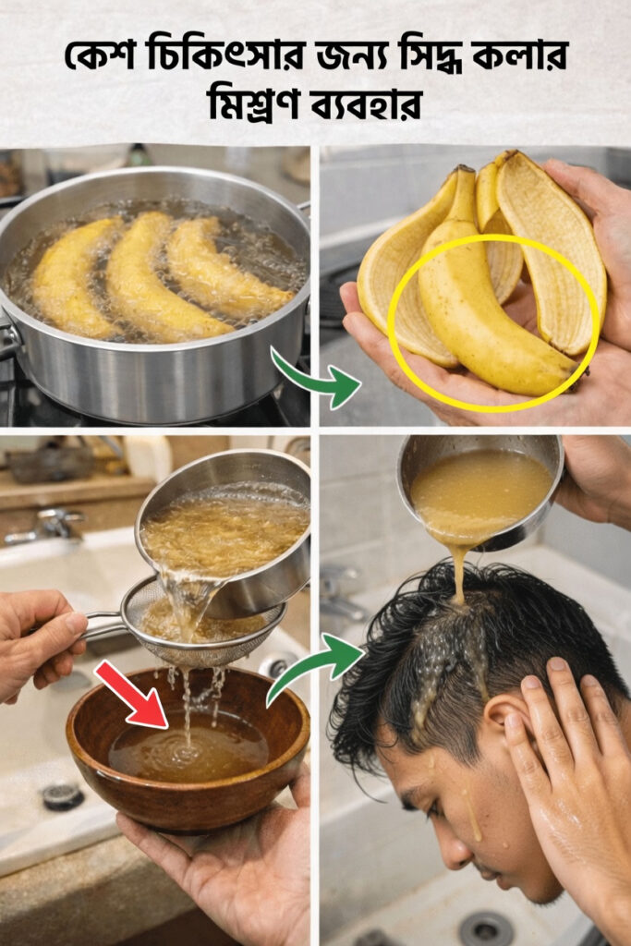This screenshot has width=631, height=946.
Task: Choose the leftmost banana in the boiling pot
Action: (76, 277)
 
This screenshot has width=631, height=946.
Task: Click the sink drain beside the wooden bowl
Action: (63, 796)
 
